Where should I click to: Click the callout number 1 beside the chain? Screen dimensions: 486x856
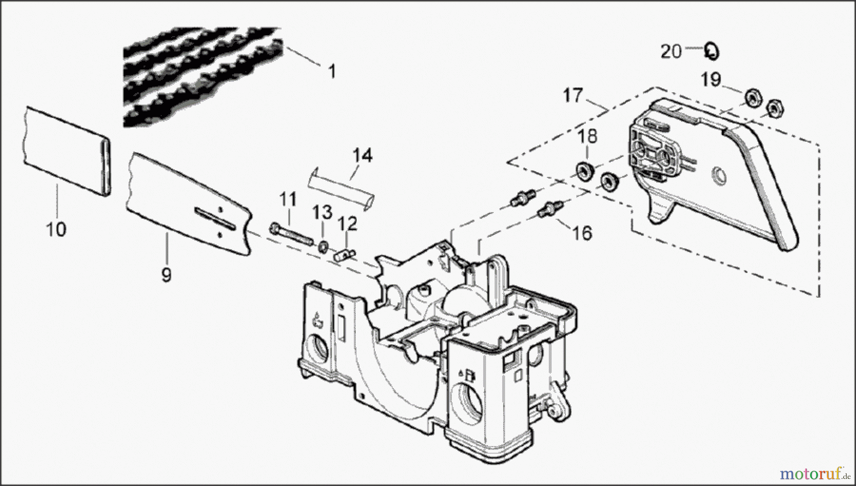tap(332, 72)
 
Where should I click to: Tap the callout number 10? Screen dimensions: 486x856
tap(56, 230)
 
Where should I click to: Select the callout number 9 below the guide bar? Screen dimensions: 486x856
tap(166, 275)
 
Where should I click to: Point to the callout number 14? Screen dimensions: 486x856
tap(362, 156)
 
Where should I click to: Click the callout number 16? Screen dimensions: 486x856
tap(583, 233)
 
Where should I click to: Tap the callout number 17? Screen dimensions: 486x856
tap(573, 96)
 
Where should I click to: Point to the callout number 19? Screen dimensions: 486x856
tap(710, 79)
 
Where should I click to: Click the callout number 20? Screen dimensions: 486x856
tap(671, 51)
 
